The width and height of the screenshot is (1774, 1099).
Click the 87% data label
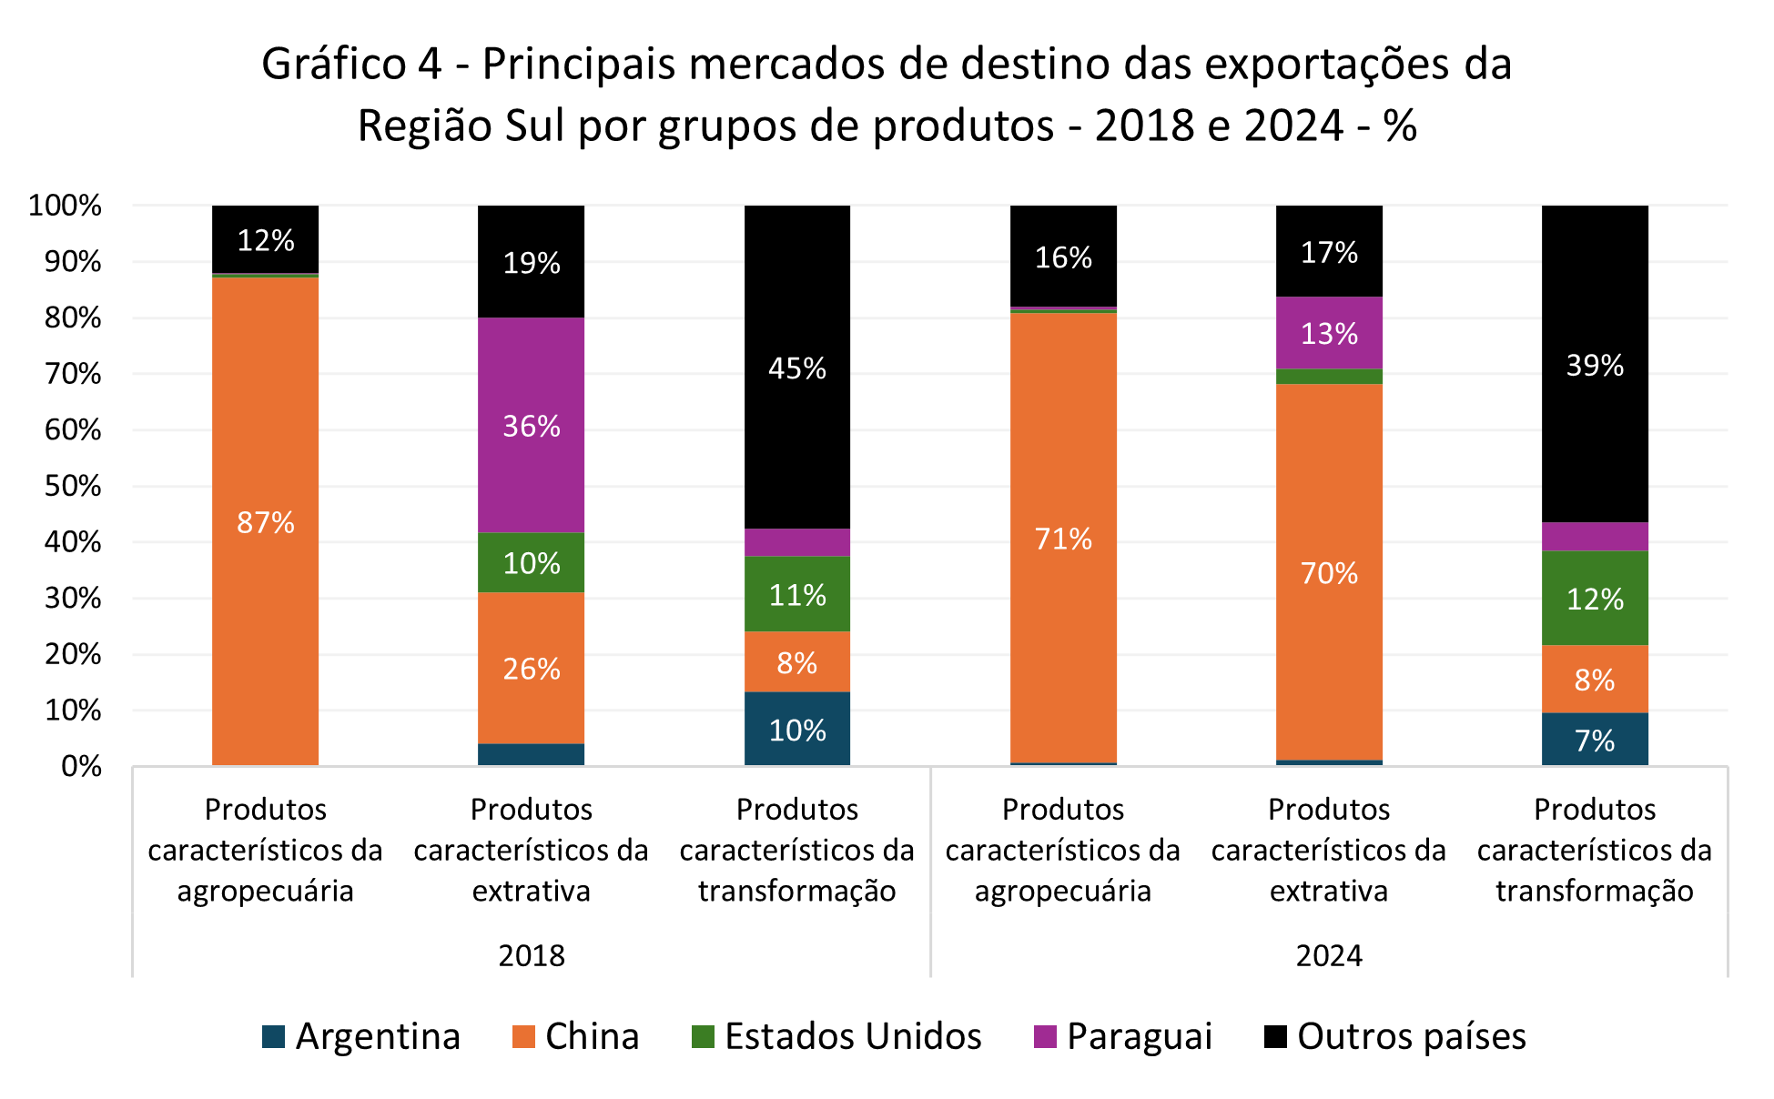(x=265, y=522)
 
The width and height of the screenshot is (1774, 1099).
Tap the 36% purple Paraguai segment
(x=532, y=426)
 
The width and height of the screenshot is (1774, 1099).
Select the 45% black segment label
(x=797, y=368)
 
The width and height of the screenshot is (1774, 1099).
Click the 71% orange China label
(x=1063, y=539)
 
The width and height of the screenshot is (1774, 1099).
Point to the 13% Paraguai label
(x=1329, y=334)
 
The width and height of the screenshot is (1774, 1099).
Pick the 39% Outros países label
(x=1595, y=366)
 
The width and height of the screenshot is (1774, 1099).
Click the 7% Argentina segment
(x=1595, y=740)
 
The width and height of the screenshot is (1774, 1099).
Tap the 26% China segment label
(x=532, y=669)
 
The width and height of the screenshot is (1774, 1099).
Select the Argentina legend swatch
(x=273, y=1036)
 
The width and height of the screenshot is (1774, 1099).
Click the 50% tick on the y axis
(x=73, y=486)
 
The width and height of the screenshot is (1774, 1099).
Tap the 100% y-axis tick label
(x=65, y=206)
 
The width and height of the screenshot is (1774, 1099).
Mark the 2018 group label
(x=532, y=955)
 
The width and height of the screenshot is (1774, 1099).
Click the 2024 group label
(x=1329, y=955)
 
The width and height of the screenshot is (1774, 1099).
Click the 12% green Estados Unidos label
(x=1595, y=599)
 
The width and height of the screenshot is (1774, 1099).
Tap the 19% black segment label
(x=532, y=263)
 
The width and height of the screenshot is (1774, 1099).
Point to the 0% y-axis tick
(x=81, y=767)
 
